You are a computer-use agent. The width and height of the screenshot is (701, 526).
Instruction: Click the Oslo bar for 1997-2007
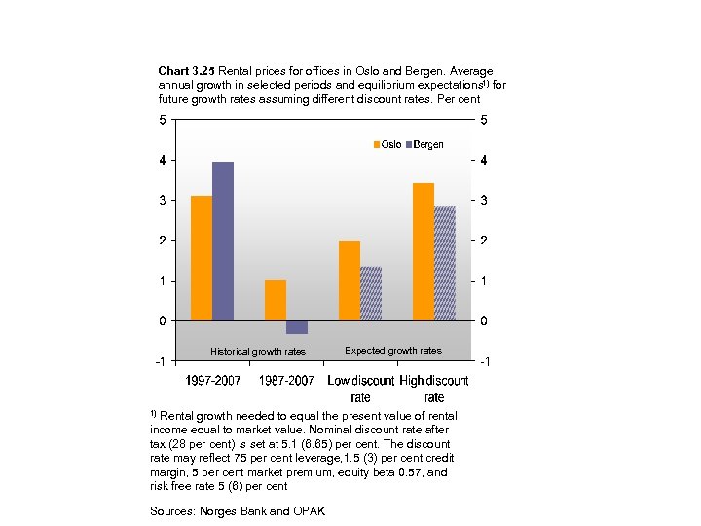[202, 258]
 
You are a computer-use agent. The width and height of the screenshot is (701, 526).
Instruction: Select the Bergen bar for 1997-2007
[223, 241]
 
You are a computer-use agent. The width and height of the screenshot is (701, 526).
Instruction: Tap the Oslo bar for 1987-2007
[276, 300]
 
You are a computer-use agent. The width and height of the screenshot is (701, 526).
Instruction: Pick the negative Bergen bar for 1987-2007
[297, 327]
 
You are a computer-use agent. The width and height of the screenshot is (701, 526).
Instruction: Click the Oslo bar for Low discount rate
[350, 281]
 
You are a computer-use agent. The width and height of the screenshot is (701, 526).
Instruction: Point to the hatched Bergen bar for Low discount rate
[371, 293]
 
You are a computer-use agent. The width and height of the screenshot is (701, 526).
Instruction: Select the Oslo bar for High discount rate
[424, 251]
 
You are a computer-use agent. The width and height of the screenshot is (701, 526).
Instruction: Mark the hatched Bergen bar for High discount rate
[445, 263]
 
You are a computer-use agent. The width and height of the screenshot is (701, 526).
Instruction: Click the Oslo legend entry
[387, 144]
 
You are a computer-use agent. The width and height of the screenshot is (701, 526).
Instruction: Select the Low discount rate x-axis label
[360, 389]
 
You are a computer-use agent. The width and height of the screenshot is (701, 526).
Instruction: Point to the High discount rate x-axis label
[434, 389]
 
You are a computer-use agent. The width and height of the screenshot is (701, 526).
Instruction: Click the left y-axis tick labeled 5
[162, 120]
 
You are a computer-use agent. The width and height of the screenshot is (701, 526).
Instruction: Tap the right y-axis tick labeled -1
[486, 361]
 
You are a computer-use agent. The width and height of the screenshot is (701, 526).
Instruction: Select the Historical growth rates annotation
[258, 352]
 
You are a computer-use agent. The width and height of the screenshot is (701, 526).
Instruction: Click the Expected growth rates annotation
[393, 351]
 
